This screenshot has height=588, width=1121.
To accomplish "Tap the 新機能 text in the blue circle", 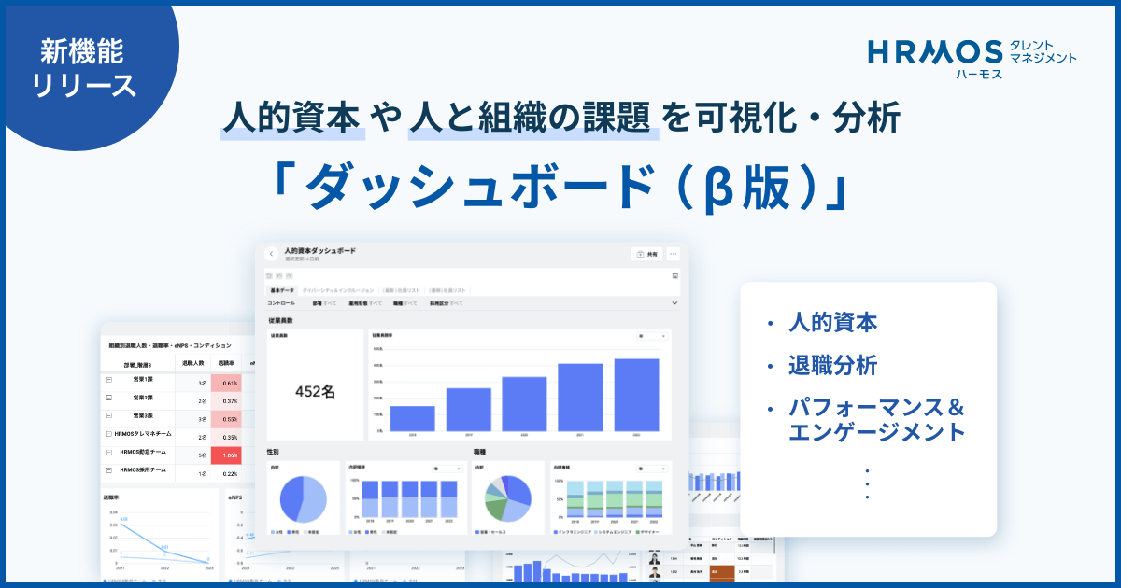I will (x=83, y=50).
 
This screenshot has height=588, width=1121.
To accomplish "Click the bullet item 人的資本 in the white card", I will (x=832, y=323).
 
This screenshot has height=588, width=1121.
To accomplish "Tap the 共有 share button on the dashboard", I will (x=646, y=254).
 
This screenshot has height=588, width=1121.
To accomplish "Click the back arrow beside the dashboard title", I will (x=271, y=254).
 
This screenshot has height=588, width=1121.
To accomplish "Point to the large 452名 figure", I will (x=315, y=391).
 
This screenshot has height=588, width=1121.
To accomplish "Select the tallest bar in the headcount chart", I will (x=636, y=394).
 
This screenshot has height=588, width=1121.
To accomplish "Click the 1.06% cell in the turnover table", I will (x=230, y=455).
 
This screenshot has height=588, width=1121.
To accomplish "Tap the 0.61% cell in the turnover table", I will (x=230, y=383).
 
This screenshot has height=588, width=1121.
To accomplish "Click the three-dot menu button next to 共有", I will (x=673, y=254).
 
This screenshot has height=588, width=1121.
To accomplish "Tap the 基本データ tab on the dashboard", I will (x=281, y=290).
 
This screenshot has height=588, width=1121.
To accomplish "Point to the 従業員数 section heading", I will (x=281, y=320).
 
